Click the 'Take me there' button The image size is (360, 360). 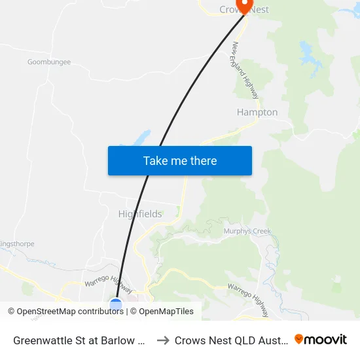(x=179, y=160)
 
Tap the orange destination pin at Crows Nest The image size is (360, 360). (x=244, y=6)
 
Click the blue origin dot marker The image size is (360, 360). (x=116, y=304)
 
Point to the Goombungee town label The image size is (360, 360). (x=49, y=62)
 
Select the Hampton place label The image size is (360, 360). (x=257, y=113)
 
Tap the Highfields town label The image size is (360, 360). (x=139, y=214)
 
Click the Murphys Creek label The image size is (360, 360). (x=247, y=231)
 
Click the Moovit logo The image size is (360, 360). (x=321, y=339)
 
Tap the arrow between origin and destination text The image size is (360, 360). (x=163, y=340)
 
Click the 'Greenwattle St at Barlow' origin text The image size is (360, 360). (x=79, y=340)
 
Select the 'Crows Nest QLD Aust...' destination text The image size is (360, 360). (x=231, y=340)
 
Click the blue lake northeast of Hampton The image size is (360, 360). (x=306, y=50)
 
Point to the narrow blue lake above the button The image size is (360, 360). (x=140, y=139)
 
